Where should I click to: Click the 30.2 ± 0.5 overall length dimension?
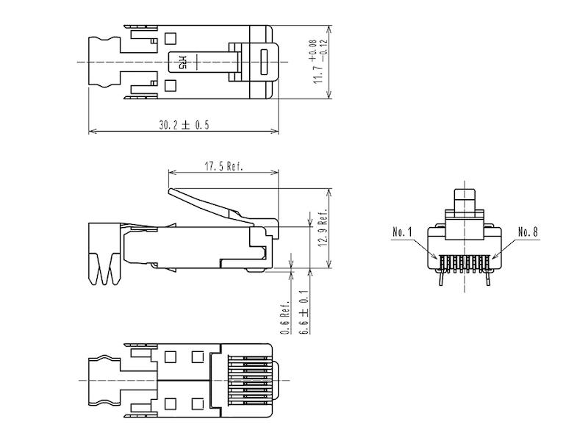184,126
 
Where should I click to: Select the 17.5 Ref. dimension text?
223,166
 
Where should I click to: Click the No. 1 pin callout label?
403,232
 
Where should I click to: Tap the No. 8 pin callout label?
528,232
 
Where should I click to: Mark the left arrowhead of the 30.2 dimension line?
91,132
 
